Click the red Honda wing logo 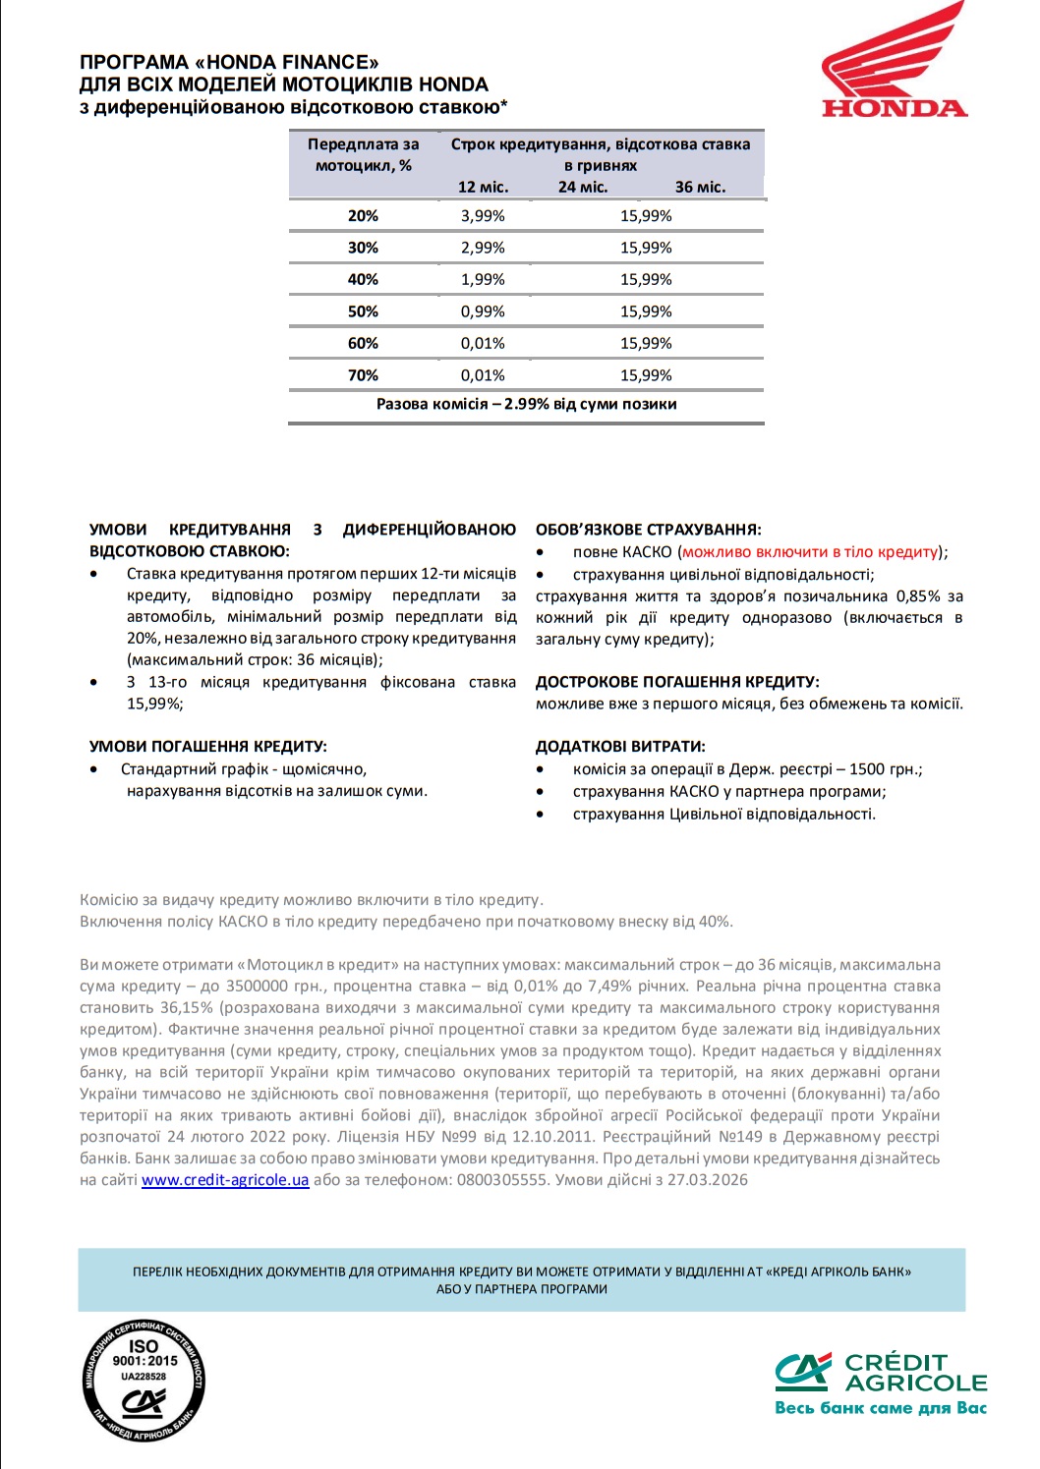point(894,59)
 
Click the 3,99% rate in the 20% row point(483,216)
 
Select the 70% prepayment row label point(363,375)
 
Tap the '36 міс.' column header point(700,187)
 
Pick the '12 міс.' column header point(483,187)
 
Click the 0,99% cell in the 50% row point(483,311)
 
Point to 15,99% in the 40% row point(646,280)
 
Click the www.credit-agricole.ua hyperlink point(225,1180)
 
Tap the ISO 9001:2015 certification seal point(144,1381)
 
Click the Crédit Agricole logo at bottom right point(880,1374)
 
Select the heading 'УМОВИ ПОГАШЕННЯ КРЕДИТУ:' point(208,747)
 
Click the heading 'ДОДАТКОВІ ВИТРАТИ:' point(620,747)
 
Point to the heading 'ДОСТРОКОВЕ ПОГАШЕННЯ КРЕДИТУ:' point(677,682)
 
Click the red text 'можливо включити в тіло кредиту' point(810,552)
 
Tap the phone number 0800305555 point(501,1180)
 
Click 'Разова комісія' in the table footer point(432,404)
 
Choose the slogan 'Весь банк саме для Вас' point(880,1408)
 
